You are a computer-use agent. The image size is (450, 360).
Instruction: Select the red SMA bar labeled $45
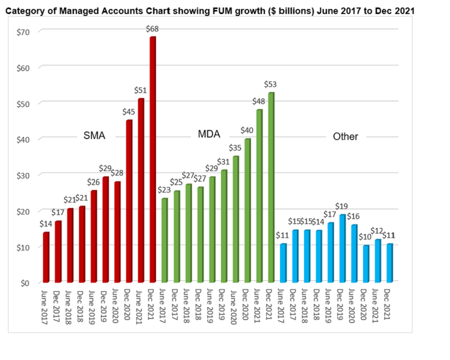[129, 200]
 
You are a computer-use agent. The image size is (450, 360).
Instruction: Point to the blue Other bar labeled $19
[342, 247]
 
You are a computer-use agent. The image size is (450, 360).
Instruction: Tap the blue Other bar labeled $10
[366, 263]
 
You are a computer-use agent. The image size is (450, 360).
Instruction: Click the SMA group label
[94, 135]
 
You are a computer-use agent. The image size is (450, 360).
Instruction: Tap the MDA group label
[209, 134]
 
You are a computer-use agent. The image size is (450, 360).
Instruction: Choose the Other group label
[345, 136]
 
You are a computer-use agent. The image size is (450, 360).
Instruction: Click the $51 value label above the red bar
[140, 90]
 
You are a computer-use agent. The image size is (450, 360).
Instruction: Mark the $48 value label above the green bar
[259, 101]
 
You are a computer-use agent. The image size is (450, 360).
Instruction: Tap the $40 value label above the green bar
[247, 130]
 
